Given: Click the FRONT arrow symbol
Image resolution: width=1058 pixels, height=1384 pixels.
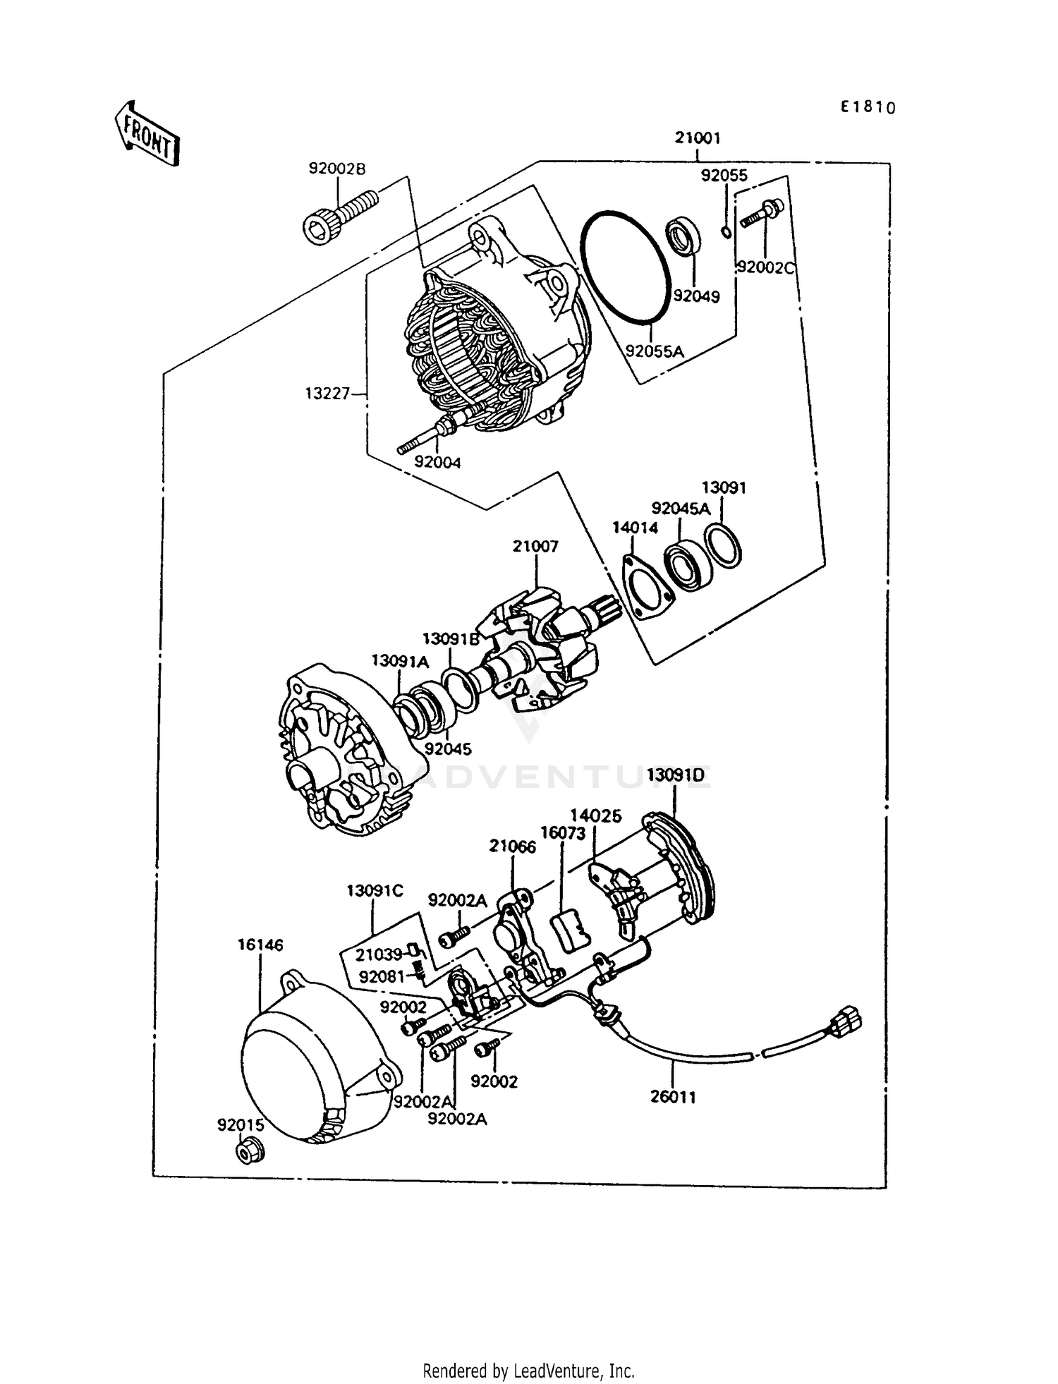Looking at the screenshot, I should [146, 133].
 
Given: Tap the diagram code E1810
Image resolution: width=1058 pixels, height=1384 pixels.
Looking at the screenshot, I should [867, 107].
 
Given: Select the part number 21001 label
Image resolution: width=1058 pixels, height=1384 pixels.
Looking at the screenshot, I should [697, 138].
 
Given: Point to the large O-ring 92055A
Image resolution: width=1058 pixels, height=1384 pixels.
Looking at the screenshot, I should [624, 267].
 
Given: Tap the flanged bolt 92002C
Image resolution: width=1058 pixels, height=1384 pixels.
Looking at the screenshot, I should [761, 213].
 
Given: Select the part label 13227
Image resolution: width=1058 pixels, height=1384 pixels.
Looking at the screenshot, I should [327, 394].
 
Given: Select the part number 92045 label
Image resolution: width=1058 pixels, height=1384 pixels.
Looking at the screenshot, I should [448, 749].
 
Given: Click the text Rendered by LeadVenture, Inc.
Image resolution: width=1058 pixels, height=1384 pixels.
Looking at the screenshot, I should [528, 1370].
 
